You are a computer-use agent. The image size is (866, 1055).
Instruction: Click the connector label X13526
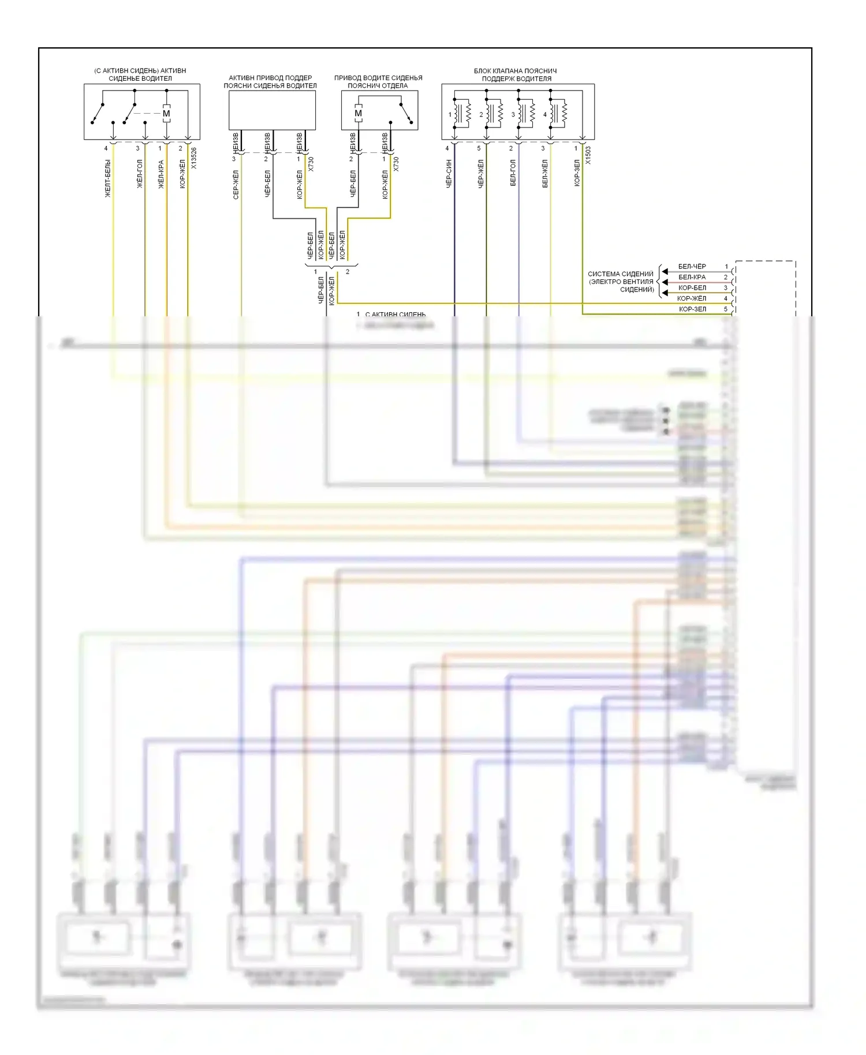194,158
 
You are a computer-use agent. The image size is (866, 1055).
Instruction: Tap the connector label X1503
588,155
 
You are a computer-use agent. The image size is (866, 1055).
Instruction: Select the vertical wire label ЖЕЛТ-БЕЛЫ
107,178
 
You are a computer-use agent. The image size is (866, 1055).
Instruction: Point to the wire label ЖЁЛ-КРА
161,174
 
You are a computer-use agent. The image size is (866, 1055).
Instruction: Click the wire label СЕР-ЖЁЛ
236,185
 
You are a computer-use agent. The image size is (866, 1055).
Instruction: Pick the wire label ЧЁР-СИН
449,174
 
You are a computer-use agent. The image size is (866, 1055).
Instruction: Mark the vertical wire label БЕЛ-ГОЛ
513,173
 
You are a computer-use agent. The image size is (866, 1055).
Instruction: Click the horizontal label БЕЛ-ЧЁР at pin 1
692,267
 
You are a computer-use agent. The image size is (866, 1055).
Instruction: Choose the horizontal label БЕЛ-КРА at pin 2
692,277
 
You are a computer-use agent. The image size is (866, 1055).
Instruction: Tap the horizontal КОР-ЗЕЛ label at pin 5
692,309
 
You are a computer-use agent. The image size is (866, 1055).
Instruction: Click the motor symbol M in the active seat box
166,114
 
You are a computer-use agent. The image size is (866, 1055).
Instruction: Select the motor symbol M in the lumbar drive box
358,114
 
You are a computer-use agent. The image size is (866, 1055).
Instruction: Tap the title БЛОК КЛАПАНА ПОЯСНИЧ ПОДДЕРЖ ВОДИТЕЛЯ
516,74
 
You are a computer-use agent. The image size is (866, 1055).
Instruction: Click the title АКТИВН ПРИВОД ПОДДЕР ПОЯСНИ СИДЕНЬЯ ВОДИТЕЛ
270,81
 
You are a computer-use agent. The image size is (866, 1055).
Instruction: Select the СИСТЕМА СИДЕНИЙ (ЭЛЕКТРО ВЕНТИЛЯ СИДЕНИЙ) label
621,282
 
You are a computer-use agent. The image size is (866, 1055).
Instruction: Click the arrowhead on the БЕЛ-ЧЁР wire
665,271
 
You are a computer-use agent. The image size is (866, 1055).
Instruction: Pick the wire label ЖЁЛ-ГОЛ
139,174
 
